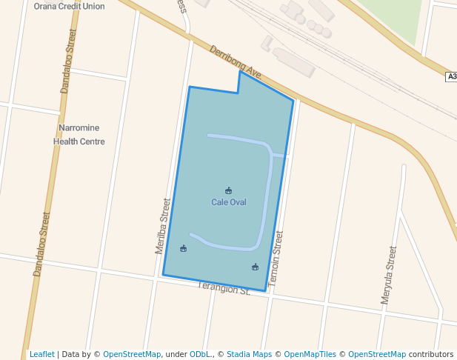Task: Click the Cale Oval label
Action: (x=228, y=202)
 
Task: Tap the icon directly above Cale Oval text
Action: (x=228, y=191)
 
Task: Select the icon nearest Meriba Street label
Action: (x=184, y=248)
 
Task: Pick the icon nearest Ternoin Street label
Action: (x=255, y=267)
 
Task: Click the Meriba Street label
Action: (x=163, y=226)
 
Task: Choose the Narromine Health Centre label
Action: (x=79, y=134)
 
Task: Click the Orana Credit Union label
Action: (x=69, y=6)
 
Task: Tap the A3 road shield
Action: (x=451, y=77)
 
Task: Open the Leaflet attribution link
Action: (x=42, y=354)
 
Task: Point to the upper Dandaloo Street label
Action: (x=68, y=61)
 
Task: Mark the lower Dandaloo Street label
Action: (x=41, y=244)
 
